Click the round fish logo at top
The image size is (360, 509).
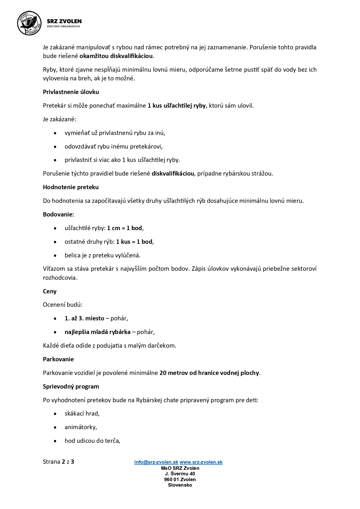(x=29, y=23)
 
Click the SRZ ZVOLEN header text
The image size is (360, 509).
(x=64, y=21)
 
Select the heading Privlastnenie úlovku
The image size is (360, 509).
(x=71, y=92)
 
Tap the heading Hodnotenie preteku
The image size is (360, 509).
(x=71, y=187)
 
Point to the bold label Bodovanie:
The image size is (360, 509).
(x=58, y=214)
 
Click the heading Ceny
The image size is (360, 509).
(x=50, y=291)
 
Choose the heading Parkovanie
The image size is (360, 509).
(x=58, y=359)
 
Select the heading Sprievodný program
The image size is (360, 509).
(x=71, y=387)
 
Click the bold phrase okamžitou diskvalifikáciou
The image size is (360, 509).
(x=116, y=56)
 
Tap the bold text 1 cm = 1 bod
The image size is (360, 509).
(x=124, y=228)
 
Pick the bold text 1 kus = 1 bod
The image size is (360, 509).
(x=134, y=242)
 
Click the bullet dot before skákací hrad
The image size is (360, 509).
(x=55, y=414)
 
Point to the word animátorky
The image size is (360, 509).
(x=81, y=427)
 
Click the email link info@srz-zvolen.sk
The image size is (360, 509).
(x=156, y=462)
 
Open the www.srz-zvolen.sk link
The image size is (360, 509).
(x=201, y=462)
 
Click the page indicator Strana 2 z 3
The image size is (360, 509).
(x=58, y=462)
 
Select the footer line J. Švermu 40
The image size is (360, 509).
(x=180, y=474)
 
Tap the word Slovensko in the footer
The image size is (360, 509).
(x=180, y=485)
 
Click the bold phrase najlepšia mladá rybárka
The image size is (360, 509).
(x=97, y=332)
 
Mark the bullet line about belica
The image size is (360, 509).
(x=102, y=255)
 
